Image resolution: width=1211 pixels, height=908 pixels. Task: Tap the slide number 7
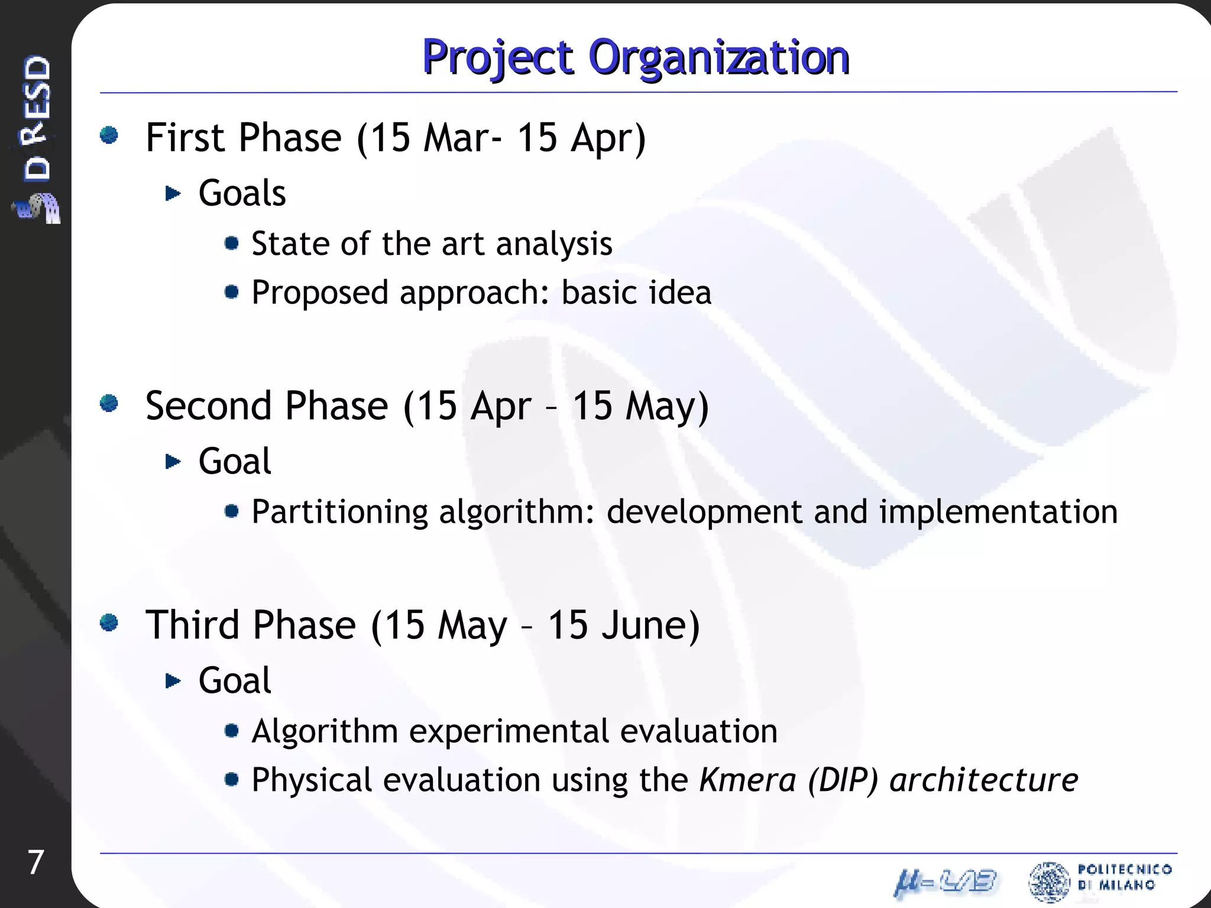35,862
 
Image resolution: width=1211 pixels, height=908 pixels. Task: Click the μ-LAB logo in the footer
945,882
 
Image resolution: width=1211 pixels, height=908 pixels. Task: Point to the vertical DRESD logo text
37,118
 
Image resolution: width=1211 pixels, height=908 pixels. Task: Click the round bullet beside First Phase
109,135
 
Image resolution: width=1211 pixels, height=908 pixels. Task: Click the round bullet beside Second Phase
109,404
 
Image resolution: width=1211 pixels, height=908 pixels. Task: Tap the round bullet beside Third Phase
109,622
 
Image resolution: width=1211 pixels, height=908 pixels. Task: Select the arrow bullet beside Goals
173,193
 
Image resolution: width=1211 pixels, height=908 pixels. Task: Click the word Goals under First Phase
242,193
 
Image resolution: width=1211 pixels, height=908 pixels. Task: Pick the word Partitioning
339,512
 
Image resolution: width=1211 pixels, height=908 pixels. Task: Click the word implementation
998,512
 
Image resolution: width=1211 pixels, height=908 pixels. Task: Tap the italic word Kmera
747,780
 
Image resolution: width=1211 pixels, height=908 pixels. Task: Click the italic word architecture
984,780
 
